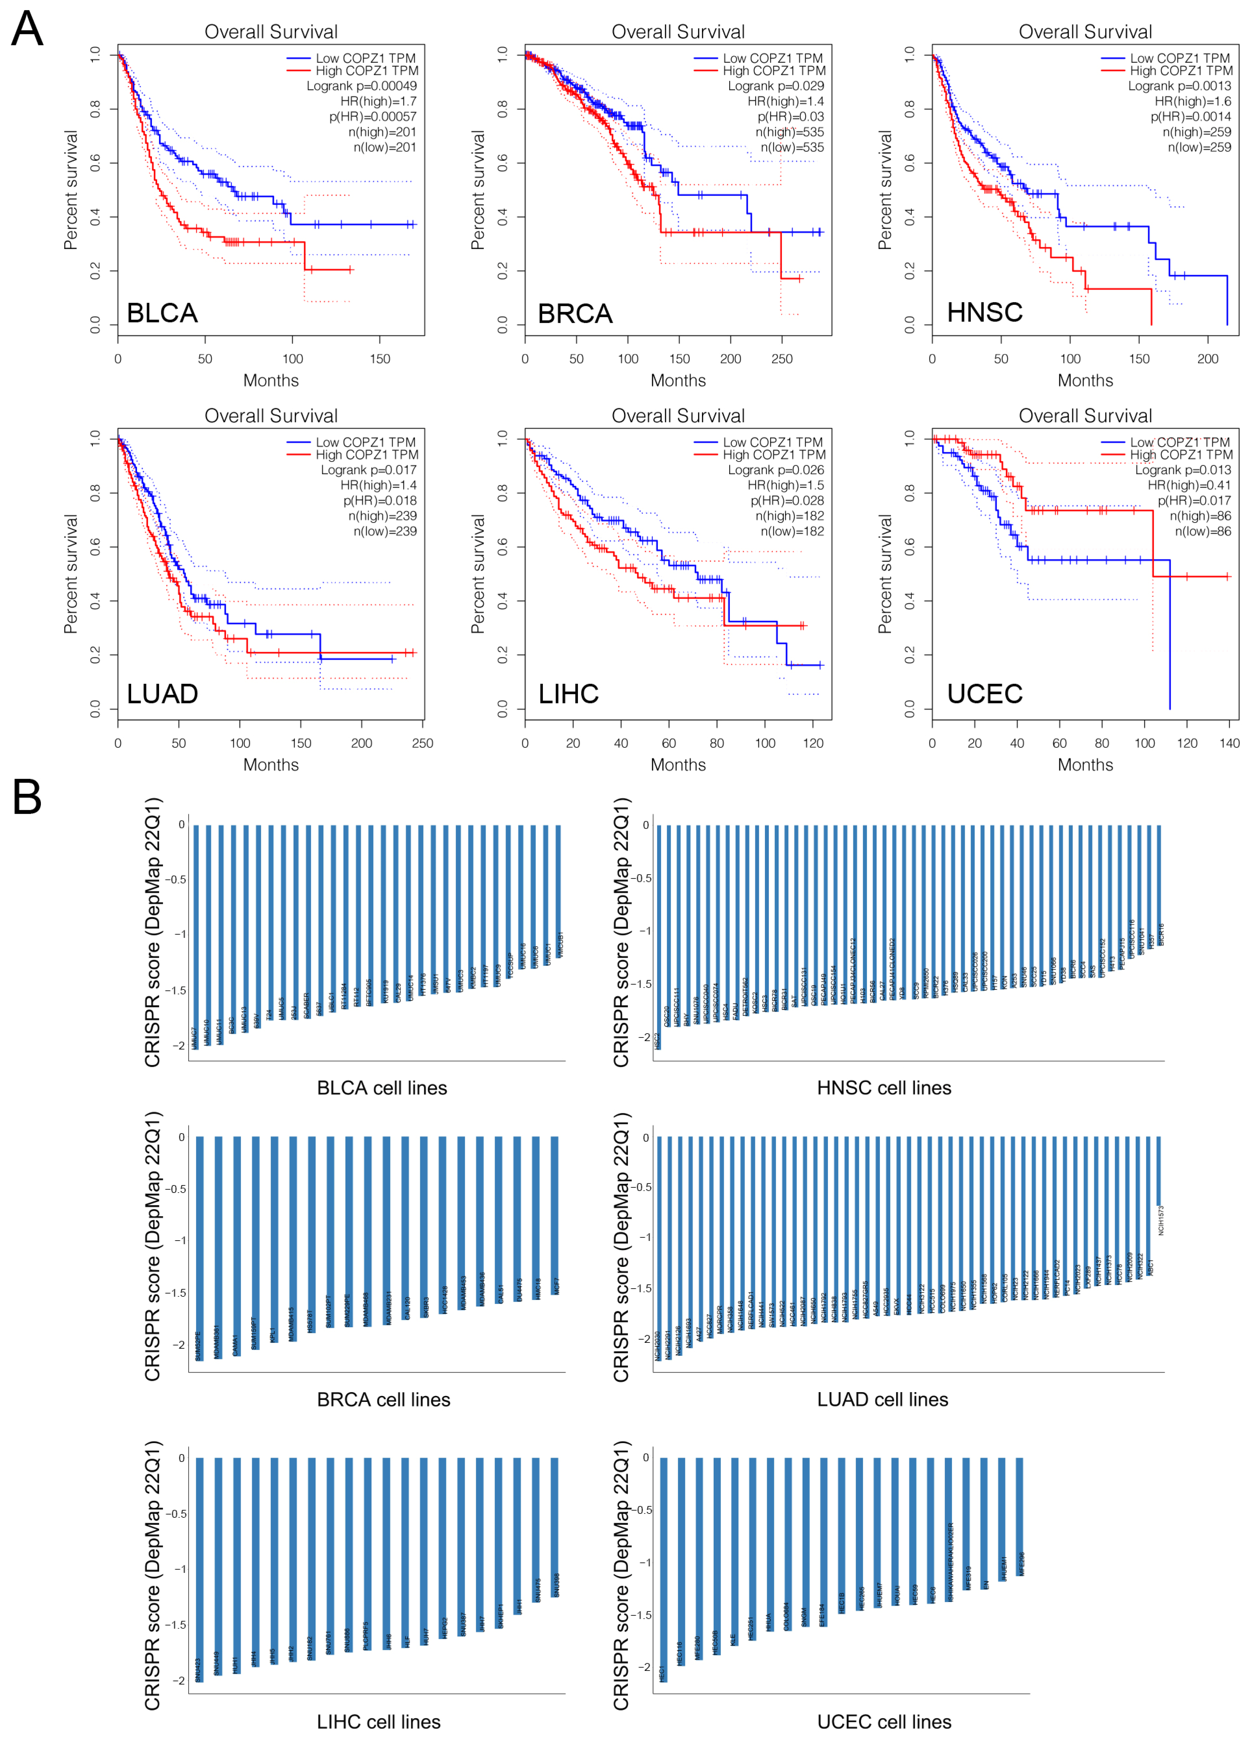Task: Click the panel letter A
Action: pos(27,29)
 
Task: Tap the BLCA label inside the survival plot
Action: pos(162,313)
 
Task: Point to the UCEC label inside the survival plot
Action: pos(984,694)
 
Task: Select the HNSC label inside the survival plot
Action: pos(984,312)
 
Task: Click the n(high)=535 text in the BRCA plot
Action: pos(790,132)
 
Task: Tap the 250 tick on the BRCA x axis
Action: pos(781,358)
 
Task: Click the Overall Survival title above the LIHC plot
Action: pos(678,416)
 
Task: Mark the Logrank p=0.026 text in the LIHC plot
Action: pos(776,469)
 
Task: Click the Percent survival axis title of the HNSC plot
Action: pos(885,190)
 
